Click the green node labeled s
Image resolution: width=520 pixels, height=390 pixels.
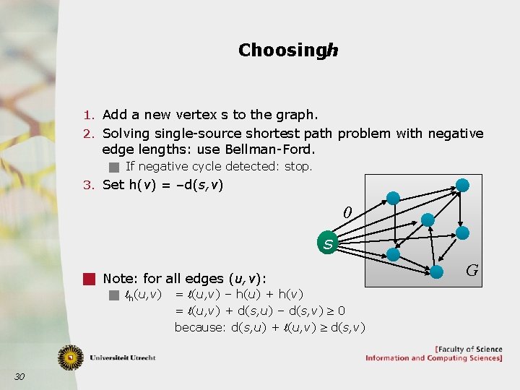tap(329, 244)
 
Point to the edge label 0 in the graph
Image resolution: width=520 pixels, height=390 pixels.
tap(347, 213)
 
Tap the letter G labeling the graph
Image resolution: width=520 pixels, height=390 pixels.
tap(472, 271)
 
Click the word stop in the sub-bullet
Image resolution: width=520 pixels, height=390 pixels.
tap(298, 167)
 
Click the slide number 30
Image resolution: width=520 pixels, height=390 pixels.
tap(19, 376)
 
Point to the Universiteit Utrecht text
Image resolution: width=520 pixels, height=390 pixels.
tap(122, 357)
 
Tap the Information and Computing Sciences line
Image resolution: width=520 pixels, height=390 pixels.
tap(433, 358)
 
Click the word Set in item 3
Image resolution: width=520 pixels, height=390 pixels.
tap(114, 185)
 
